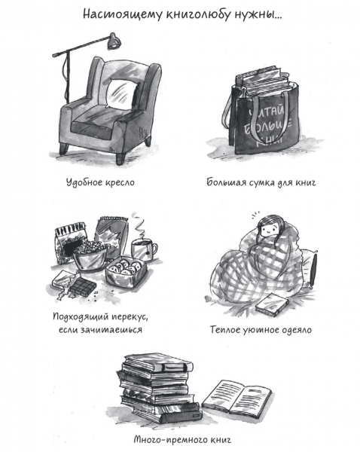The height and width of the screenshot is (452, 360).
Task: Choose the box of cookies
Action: click(124, 270)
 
